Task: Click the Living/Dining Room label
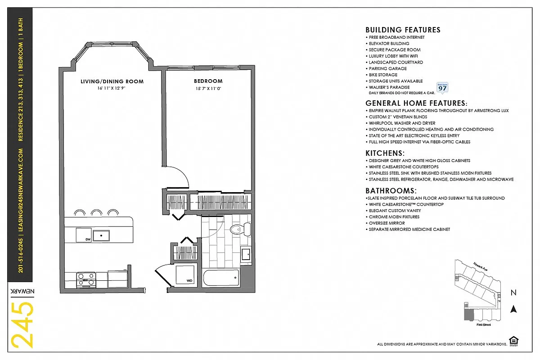pos(112,81)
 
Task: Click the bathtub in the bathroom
pos(220,277)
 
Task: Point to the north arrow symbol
pos(513,309)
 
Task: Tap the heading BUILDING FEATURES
pos(403,30)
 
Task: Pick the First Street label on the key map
pos(483,324)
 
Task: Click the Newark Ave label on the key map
pos(480,266)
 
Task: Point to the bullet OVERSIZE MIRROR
pos(387,223)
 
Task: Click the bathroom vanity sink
pos(246,255)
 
